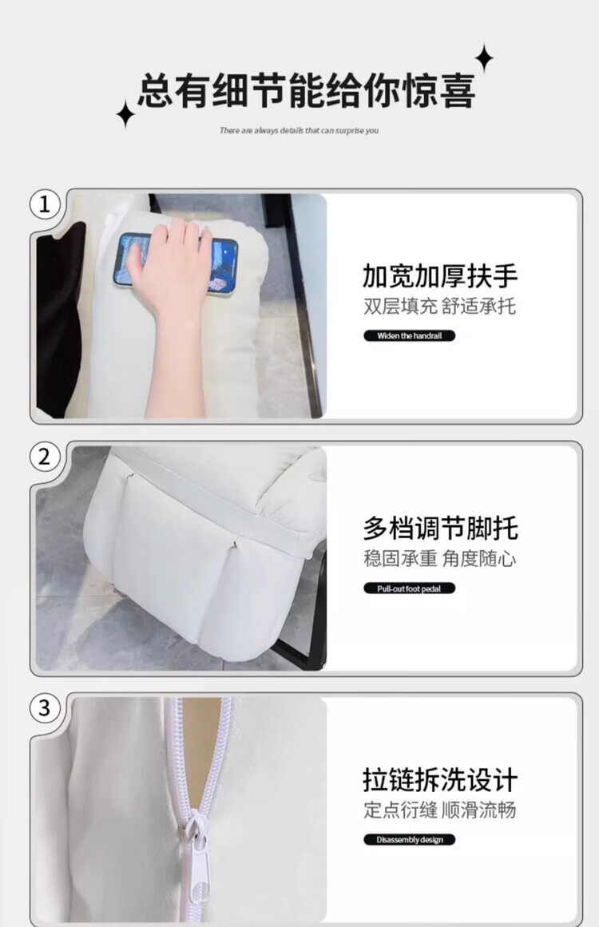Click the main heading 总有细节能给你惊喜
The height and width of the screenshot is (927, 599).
307,90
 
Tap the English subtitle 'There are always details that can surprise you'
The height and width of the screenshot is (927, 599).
299,130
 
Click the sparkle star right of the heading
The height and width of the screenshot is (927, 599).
484,58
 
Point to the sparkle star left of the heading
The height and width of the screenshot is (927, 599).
125,115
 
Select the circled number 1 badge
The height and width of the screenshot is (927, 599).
45,204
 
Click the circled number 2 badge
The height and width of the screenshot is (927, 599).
45,457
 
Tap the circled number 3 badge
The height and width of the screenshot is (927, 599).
45,707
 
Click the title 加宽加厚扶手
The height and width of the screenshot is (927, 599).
440,275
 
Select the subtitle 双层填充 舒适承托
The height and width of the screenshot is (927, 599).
439,307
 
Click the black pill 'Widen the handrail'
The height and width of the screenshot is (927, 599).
409,336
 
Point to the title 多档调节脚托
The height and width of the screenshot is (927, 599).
441,528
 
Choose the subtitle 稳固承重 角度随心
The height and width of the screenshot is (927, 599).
439,559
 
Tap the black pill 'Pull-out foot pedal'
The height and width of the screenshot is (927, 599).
409,588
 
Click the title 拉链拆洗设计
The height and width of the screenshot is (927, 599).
440,780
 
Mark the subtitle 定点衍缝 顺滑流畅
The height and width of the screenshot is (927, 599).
439,810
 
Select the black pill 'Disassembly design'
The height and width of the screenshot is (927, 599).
409,839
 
